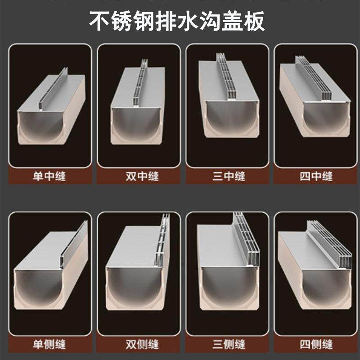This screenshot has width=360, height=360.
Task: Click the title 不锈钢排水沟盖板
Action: tap(180, 21)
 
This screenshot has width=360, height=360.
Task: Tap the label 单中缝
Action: tap(49, 176)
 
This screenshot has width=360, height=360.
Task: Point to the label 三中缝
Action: tap(229, 176)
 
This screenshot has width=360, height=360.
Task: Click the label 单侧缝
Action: tap(49, 345)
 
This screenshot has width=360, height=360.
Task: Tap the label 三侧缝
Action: tap(229, 345)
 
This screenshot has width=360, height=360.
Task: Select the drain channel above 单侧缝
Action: tap(50, 279)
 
